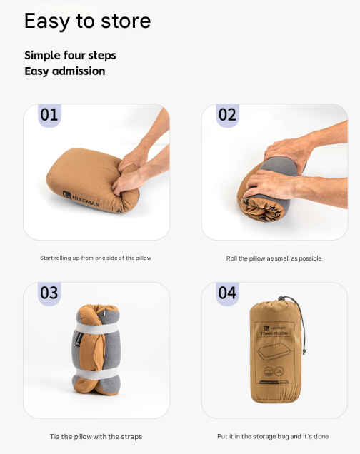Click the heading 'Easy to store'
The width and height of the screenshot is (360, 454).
pyautogui.click(x=87, y=21)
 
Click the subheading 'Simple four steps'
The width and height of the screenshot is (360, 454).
pyautogui.click(x=70, y=55)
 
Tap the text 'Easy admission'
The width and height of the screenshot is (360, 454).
pyautogui.click(x=64, y=71)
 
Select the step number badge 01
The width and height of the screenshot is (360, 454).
pyautogui.click(x=49, y=115)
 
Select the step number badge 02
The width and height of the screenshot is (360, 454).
pyautogui.click(x=227, y=115)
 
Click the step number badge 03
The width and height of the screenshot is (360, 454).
pyautogui.click(x=49, y=293)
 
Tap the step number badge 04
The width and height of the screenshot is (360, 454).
pyautogui.click(x=227, y=293)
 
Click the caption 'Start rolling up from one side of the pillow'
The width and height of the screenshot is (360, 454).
pyautogui.click(x=96, y=258)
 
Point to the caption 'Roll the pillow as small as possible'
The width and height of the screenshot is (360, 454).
pyautogui.click(x=274, y=258)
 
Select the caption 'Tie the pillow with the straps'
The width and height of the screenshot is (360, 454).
pyautogui.click(x=96, y=436)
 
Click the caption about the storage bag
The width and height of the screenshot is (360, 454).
pyautogui.click(x=273, y=436)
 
